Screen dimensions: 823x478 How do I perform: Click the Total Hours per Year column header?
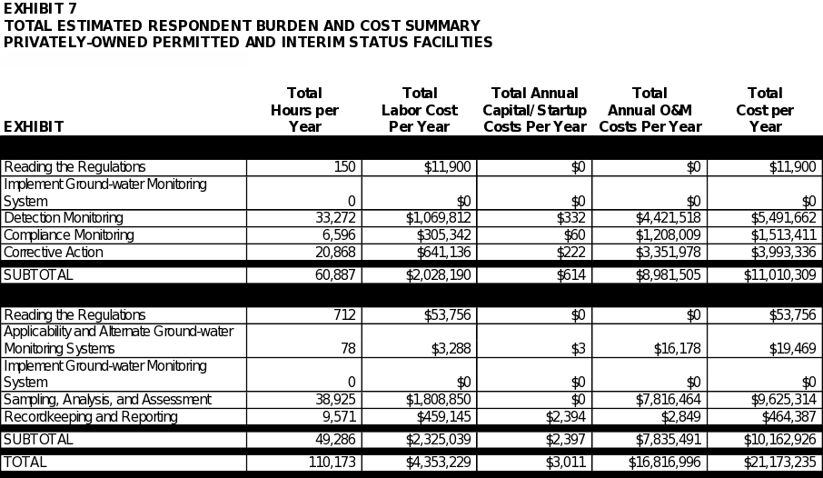(x=304, y=110)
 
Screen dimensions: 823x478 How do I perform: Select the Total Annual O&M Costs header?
(x=649, y=110)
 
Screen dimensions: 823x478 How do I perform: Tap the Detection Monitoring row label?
(x=64, y=218)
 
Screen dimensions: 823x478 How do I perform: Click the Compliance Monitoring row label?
(x=69, y=234)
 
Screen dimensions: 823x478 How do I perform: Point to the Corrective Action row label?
(x=53, y=252)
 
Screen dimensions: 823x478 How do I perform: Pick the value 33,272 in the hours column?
(x=335, y=218)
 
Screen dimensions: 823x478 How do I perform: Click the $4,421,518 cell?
(x=668, y=218)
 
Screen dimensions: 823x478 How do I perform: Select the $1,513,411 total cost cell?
(x=783, y=234)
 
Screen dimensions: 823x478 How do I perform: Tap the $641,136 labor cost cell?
(x=443, y=252)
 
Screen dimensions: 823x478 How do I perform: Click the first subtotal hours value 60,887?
(x=335, y=274)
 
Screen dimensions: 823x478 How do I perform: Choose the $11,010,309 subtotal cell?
(x=780, y=274)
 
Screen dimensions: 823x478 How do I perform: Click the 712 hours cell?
(x=344, y=314)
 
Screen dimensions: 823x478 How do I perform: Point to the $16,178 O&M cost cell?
(x=677, y=348)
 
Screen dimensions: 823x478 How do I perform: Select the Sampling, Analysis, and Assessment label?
(x=107, y=400)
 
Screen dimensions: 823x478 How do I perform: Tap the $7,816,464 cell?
(x=668, y=400)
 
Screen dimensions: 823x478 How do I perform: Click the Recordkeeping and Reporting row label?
(x=91, y=416)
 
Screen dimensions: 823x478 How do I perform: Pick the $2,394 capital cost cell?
(x=565, y=416)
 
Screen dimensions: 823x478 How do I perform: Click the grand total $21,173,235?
(x=780, y=463)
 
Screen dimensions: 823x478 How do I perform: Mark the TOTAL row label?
(x=25, y=463)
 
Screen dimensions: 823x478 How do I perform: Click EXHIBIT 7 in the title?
(x=40, y=8)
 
